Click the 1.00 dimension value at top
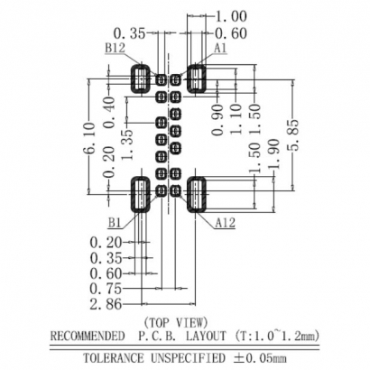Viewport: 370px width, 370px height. click(x=231, y=15)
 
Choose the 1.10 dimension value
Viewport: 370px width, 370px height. click(x=236, y=116)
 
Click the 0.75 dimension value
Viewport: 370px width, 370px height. click(x=105, y=289)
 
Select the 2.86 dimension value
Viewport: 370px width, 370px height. click(x=105, y=304)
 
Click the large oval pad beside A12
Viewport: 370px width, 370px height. click(x=199, y=194)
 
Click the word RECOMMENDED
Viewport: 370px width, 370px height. click(x=90, y=336)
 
